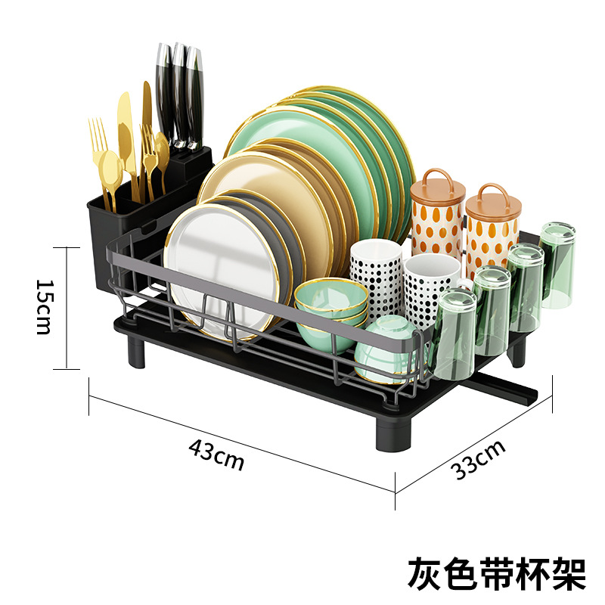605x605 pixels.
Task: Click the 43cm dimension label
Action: click(x=216, y=455)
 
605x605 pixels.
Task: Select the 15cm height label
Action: click(x=45, y=307)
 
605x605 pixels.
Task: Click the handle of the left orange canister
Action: click(x=436, y=179)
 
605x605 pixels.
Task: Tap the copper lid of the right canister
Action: click(x=491, y=203)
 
